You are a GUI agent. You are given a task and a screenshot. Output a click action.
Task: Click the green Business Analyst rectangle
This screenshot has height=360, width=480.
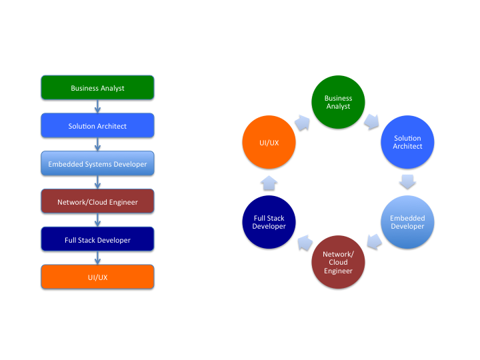97,88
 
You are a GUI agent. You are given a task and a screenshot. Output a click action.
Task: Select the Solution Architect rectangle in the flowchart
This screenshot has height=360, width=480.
97,126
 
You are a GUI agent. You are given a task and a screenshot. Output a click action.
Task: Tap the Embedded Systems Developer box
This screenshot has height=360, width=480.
97,164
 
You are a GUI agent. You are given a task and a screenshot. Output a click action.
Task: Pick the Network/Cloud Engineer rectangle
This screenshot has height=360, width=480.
97,201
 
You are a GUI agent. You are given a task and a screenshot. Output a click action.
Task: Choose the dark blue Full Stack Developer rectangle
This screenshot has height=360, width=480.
97,239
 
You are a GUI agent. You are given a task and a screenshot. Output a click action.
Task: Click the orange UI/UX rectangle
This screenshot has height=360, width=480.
97,277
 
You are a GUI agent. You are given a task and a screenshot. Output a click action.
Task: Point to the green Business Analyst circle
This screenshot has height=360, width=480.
338,102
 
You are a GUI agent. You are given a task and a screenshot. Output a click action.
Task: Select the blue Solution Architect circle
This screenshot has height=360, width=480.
407,142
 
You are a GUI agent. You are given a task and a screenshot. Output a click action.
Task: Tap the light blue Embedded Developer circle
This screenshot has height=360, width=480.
407,222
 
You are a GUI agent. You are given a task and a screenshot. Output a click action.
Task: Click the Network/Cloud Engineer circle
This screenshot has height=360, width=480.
338,262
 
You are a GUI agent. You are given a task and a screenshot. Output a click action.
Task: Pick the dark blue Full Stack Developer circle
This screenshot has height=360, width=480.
269,222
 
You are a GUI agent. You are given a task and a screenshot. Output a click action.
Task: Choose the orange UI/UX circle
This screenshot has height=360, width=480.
269,142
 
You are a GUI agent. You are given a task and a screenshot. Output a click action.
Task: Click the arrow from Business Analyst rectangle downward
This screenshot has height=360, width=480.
98,107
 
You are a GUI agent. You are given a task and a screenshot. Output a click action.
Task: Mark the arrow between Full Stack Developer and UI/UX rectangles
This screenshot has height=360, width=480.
98,258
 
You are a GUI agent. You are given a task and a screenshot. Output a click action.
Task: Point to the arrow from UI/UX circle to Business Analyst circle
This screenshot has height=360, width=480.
303,122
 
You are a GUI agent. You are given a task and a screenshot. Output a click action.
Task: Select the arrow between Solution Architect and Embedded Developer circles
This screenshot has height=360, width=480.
408,182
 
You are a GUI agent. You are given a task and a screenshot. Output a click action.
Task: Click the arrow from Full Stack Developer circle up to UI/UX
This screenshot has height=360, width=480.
269,182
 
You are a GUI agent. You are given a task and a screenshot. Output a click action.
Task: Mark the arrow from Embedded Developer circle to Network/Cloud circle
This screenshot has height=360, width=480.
373,243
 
